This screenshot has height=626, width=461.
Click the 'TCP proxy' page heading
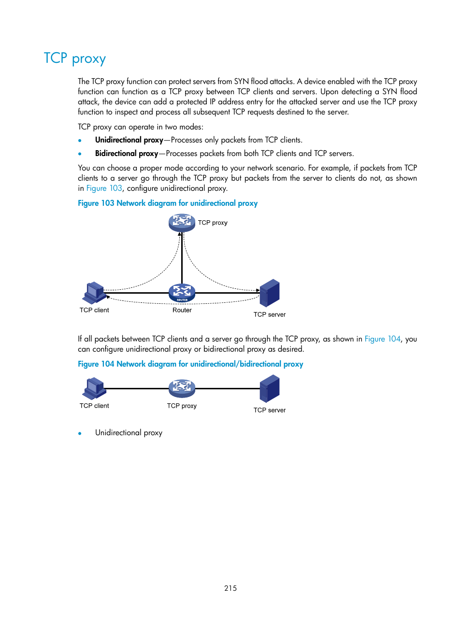(75, 58)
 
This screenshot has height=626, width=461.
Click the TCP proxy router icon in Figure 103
(182, 223)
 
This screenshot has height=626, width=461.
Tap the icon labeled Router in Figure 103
(182, 293)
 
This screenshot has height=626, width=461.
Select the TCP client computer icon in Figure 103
(94, 293)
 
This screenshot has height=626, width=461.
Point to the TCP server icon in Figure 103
(270, 293)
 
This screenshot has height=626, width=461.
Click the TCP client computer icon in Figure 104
(94, 388)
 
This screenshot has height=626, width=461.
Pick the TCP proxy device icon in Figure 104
(182, 388)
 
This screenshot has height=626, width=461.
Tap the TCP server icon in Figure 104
(270, 389)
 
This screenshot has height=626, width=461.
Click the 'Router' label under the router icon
(182, 310)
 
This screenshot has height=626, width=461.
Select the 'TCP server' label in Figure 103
(270, 314)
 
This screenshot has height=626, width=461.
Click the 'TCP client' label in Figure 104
(94, 406)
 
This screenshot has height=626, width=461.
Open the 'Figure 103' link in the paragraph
(104, 188)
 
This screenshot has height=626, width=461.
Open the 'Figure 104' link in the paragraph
(382, 339)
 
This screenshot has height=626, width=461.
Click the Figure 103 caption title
(168, 203)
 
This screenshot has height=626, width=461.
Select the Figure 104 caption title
(190, 364)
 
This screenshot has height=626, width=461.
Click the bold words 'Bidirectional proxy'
(127, 154)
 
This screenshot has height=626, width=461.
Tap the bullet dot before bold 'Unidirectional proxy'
(80, 141)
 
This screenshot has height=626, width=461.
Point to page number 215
(230, 588)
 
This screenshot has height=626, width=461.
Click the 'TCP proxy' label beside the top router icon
(213, 223)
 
